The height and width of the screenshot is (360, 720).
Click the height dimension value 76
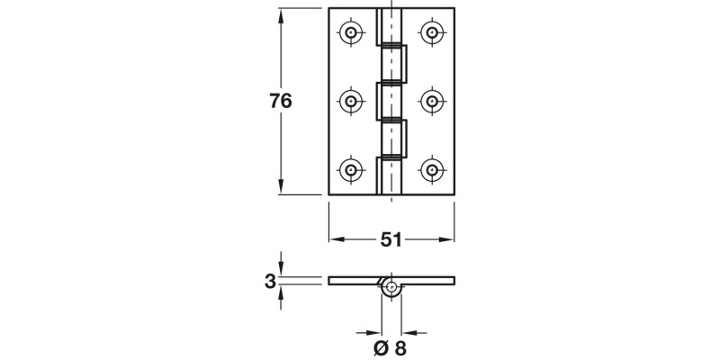281,102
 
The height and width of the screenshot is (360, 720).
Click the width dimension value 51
391,239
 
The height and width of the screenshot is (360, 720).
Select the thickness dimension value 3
269,282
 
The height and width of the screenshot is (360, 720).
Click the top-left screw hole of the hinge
351,33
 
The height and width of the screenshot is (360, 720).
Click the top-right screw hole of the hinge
433,33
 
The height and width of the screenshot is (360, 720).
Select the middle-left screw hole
351,101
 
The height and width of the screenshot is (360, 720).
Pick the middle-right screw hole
433,101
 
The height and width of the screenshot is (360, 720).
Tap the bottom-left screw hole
351,168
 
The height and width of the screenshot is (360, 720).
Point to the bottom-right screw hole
433,168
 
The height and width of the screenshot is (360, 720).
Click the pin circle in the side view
391,288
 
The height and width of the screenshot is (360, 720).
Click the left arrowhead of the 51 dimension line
337,239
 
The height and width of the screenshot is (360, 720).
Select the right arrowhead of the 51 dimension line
447,239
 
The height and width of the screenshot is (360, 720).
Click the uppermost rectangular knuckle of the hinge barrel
392,62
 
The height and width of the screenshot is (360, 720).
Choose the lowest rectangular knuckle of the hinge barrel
392,138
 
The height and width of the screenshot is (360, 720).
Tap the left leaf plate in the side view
355,282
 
